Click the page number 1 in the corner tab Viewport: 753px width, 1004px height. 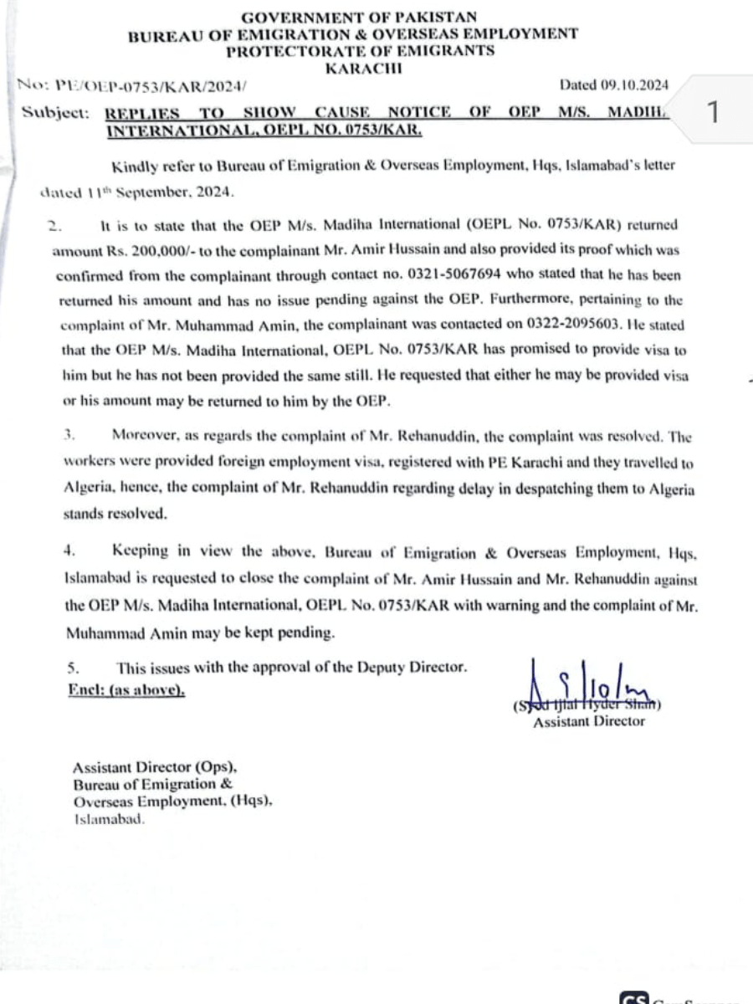coord(713,112)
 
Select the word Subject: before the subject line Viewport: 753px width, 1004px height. coord(55,112)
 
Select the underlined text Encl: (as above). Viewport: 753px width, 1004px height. coord(126,691)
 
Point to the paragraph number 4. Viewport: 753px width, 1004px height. coord(71,550)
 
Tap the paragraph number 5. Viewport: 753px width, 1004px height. coord(72,667)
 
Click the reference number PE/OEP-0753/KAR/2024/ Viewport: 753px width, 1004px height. coord(151,85)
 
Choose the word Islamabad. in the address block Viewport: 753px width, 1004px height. coord(109,820)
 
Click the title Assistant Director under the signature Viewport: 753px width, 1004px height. coord(589,721)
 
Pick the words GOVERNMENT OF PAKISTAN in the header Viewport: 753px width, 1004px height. coord(360,18)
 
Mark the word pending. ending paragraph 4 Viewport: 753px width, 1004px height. coord(305,633)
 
